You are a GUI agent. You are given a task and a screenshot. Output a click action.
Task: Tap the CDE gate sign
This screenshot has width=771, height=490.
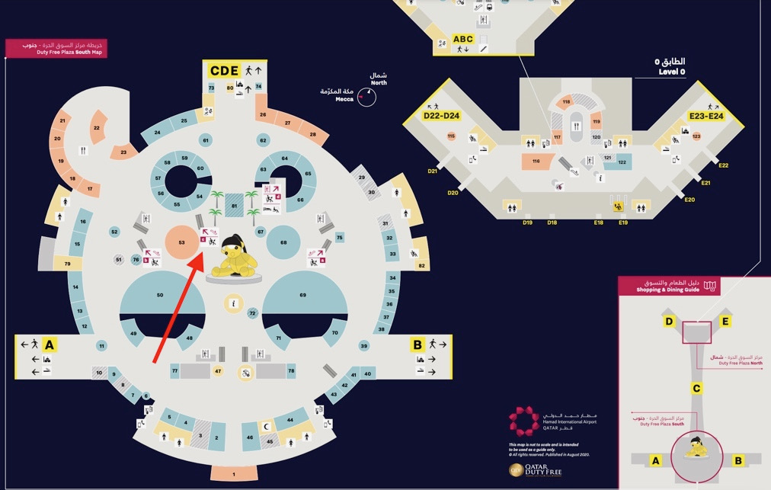[x=225, y=71]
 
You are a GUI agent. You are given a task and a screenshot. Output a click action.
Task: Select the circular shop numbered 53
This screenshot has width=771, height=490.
[x=181, y=242]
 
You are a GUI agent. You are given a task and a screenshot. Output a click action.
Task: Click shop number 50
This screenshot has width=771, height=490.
[x=160, y=294]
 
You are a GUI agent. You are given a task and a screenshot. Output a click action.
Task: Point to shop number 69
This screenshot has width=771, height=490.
[x=302, y=294]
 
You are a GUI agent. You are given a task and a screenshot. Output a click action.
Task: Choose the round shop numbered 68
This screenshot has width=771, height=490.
[x=283, y=242]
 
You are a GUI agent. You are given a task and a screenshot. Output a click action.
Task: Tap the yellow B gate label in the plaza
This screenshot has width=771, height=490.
[x=417, y=344]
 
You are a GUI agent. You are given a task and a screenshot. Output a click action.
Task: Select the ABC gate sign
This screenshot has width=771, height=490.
[x=462, y=39]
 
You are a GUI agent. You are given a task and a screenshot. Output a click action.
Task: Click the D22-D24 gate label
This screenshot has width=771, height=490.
[x=442, y=116]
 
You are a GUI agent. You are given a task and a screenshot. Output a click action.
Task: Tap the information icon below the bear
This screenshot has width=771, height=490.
[x=233, y=303]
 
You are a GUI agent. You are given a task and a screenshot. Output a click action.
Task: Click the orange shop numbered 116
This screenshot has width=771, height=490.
[x=536, y=161]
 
